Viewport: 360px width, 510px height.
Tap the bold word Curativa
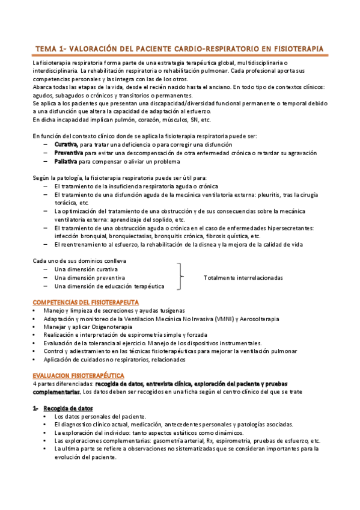coord(66,144)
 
